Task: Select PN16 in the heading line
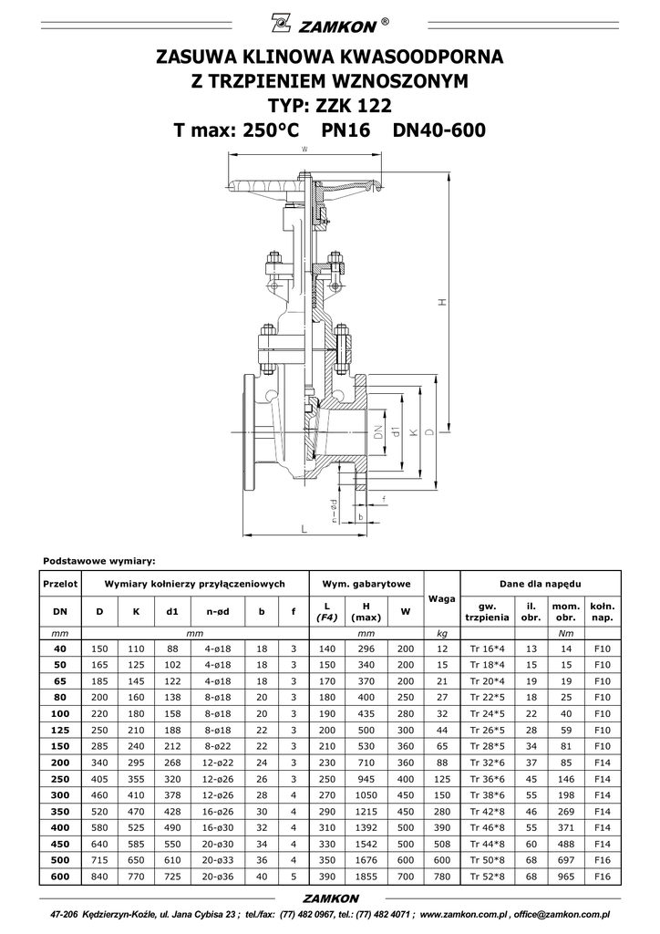[345, 130]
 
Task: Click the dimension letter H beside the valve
[442, 302]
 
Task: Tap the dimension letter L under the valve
[304, 529]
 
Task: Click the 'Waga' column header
[441, 598]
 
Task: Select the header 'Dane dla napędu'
[541, 584]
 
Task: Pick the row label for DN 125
[60, 730]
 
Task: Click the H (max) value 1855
[366, 877]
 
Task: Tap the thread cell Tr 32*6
[487, 763]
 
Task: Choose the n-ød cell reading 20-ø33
[217, 860]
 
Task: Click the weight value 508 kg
[441, 844]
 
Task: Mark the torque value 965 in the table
[565, 877]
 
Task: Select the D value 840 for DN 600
[99, 877]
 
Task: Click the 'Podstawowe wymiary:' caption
[99, 561]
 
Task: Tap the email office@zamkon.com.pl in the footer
[562, 914]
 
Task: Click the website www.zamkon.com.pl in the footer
[466, 914]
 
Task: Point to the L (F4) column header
[326, 612]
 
